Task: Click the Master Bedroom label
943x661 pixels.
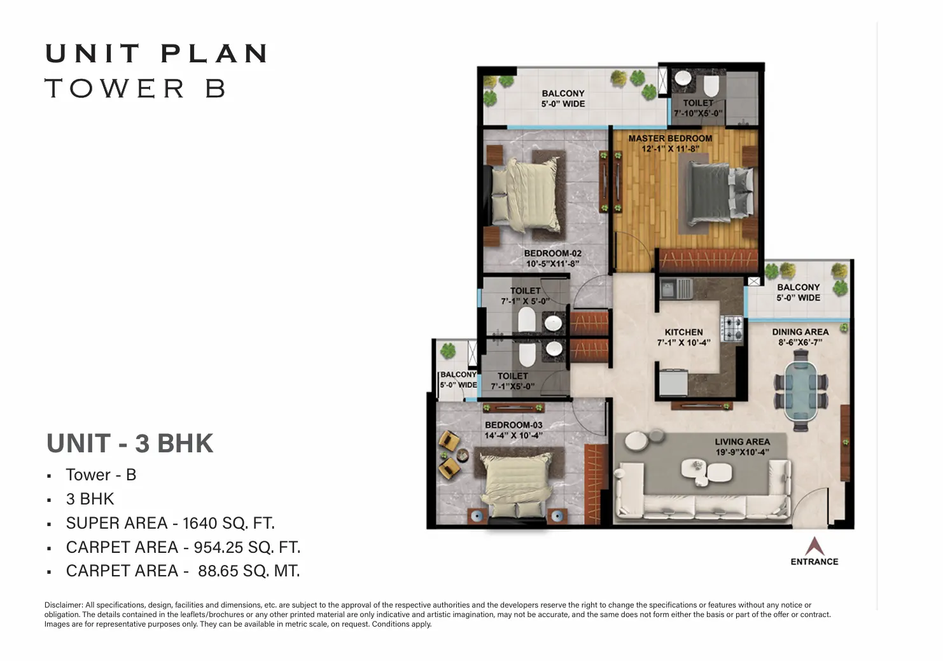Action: click(670, 139)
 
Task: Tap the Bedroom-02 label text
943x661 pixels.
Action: click(553, 253)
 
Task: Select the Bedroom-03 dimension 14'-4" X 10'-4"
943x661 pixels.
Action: click(513, 435)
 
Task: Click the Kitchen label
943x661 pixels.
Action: click(683, 332)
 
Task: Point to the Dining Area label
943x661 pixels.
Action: click(800, 332)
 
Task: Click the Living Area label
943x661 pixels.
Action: click(743, 442)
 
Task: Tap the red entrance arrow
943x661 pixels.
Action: click(814, 546)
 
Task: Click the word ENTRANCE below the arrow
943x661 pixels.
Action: click(814, 562)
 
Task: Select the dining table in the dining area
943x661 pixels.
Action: click(800, 391)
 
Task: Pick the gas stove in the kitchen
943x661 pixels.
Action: click(732, 328)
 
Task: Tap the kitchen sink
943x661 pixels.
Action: click(676, 289)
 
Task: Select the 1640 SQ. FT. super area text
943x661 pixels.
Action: click(228, 524)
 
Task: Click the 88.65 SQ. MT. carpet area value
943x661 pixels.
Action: click(249, 571)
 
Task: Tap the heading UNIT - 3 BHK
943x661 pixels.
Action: click(130, 443)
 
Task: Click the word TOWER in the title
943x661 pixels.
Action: click(115, 88)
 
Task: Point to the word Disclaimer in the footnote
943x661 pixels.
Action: click(64, 605)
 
